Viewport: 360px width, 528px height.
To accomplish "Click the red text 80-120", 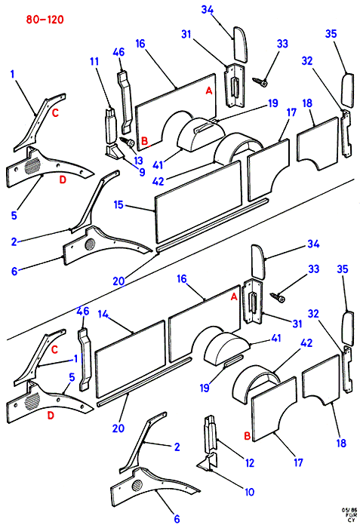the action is click(x=45, y=20).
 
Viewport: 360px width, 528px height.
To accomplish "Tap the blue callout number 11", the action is click(x=94, y=62).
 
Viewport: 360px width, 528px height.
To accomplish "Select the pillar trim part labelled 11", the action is click(x=111, y=125).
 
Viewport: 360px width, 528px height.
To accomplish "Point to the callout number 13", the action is click(x=138, y=160).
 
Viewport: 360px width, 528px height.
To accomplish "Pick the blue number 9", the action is click(x=142, y=172).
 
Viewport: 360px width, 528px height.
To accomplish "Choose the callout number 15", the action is click(x=118, y=204).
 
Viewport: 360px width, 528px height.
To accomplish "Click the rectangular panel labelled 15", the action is click(x=198, y=201).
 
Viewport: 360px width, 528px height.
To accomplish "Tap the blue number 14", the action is click(x=103, y=315).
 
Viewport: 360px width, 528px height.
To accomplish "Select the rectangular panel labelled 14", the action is click(x=131, y=358).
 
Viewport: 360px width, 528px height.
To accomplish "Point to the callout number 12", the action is click(x=250, y=463).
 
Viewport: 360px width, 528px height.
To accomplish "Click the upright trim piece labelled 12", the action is click(x=210, y=433).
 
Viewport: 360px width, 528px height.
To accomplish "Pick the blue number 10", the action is click(x=250, y=492).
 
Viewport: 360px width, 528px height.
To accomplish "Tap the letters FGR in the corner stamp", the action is click(x=350, y=514).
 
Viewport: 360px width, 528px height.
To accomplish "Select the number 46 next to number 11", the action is click(x=118, y=52).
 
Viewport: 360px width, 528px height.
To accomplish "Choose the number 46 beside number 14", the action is click(x=83, y=311).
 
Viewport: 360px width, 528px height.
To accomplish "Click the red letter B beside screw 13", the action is click(x=145, y=141).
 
